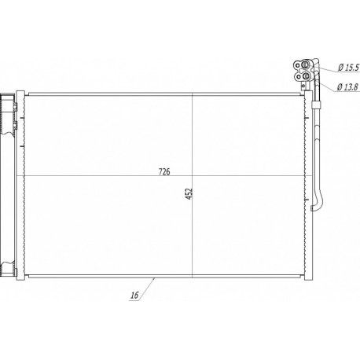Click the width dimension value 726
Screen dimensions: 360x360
click(x=164, y=172)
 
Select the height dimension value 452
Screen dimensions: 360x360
click(x=189, y=193)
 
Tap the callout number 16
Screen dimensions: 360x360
click(x=134, y=296)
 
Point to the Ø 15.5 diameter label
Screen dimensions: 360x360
click(x=348, y=68)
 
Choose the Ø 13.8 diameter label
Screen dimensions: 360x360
click(x=347, y=87)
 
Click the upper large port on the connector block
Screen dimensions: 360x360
click(x=306, y=64)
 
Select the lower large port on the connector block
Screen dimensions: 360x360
click(x=306, y=76)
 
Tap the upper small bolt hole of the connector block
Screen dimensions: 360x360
click(x=297, y=64)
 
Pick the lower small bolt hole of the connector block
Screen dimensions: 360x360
click(x=298, y=76)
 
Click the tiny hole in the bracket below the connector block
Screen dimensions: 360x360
click(x=303, y=86)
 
